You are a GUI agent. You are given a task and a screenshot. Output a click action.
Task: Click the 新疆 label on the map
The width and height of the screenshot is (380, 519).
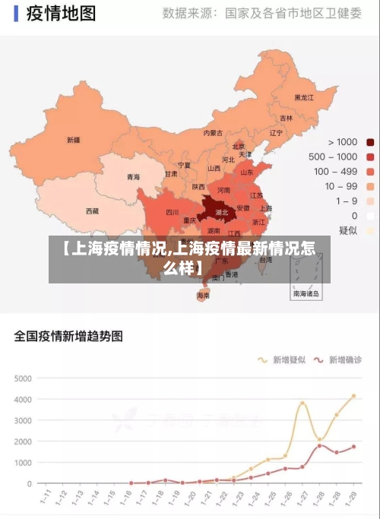coord(73,140)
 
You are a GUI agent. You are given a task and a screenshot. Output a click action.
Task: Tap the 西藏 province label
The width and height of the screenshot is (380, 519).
coord(92,210)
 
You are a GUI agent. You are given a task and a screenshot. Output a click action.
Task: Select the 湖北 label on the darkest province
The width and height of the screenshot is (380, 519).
coord(222,212)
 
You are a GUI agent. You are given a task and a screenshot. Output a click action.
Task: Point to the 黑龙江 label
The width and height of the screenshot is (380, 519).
coord(304,98)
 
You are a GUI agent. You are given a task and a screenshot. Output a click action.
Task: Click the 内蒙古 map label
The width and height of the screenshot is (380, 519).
coord(214,133)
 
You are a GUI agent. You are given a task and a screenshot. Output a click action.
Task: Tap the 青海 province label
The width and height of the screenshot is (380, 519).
coord(133,176)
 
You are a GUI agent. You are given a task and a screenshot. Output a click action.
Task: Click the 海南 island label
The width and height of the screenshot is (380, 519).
coord(203,295)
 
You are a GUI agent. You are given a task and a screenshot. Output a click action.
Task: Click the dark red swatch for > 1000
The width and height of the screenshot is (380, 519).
coord(370,142)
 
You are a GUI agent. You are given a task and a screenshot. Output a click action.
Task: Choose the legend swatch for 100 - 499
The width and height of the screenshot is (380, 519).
coord(370,172)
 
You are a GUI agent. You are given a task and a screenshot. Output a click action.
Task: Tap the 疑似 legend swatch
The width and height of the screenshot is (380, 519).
coord(370,230)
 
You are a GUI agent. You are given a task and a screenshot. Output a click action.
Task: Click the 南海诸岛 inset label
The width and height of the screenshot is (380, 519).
coord(306,293)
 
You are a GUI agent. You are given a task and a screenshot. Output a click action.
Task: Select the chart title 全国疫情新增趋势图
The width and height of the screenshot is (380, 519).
coord(68,336)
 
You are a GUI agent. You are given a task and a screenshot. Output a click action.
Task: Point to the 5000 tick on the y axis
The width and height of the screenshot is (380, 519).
coord(24,378)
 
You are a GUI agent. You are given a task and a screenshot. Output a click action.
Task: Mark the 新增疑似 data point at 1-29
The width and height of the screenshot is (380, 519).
coord(353,396)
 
